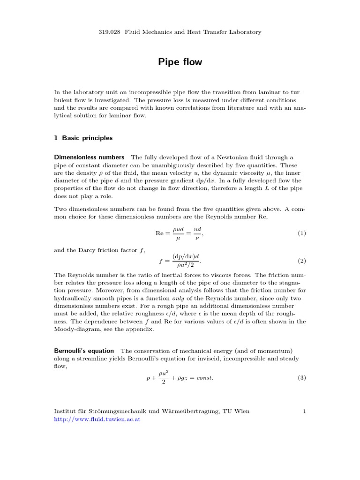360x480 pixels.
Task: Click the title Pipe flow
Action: click(180, 62)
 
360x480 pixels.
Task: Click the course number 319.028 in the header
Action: click(109, 32)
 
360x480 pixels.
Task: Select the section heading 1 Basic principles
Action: click(83, 138)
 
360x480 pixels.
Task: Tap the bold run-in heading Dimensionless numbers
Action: click(90, 157)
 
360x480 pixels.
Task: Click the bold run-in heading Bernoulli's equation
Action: click(84, 351)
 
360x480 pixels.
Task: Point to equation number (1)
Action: click(301, 233)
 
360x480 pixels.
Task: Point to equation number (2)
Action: click(301, 260)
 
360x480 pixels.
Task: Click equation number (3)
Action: click(301, 378)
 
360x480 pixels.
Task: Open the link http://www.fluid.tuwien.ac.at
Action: click(97, 420)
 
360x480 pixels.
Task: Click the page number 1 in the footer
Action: click(304, 411)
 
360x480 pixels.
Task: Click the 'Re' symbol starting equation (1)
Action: click(160, 233)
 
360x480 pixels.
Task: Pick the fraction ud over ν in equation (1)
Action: click(197, 233)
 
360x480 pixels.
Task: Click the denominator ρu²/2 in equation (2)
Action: click(186, 265)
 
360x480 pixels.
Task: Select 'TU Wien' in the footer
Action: click(237, 411)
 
